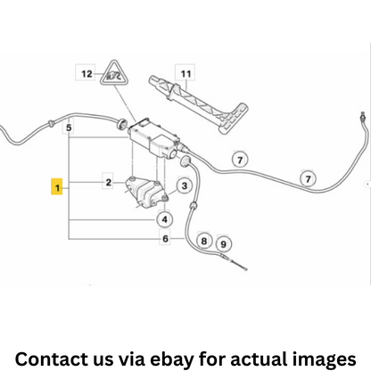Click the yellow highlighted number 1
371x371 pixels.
pyautogui.click(x=57, y=186)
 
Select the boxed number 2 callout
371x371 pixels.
pyautogui.click(x=108, y=182)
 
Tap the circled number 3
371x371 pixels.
pyautogui.click(x=185, y=185)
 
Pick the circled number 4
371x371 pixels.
pyautogui.click(x=165, y=219)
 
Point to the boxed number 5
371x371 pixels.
pyautogui.click(x=69, y=128)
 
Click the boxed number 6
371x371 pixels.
pyautogui.click(x=165, y=238)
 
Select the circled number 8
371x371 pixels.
pyautogui.click(x=204, y=240)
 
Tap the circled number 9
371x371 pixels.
pyautogui.click(x=223, y=243)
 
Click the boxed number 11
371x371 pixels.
pyautogui.click(x=185, y=73)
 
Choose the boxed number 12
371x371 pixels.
pyautogui.click(x=86, y=73)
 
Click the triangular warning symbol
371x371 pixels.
pyautogui.click(x=112, y=73)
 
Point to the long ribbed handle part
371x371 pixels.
pyautogui.click(x=198, y=103)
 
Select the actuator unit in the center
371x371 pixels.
pyautogui.click(x=155, y=139)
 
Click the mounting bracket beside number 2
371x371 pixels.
pyautogui.click(x=146, y=191)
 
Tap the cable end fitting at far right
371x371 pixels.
pyautogui.click(x=363, y=116)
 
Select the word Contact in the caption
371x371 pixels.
pyautogui.click(x=49, y=359)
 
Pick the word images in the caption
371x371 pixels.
pyautogui.click(x=324, y=359)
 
